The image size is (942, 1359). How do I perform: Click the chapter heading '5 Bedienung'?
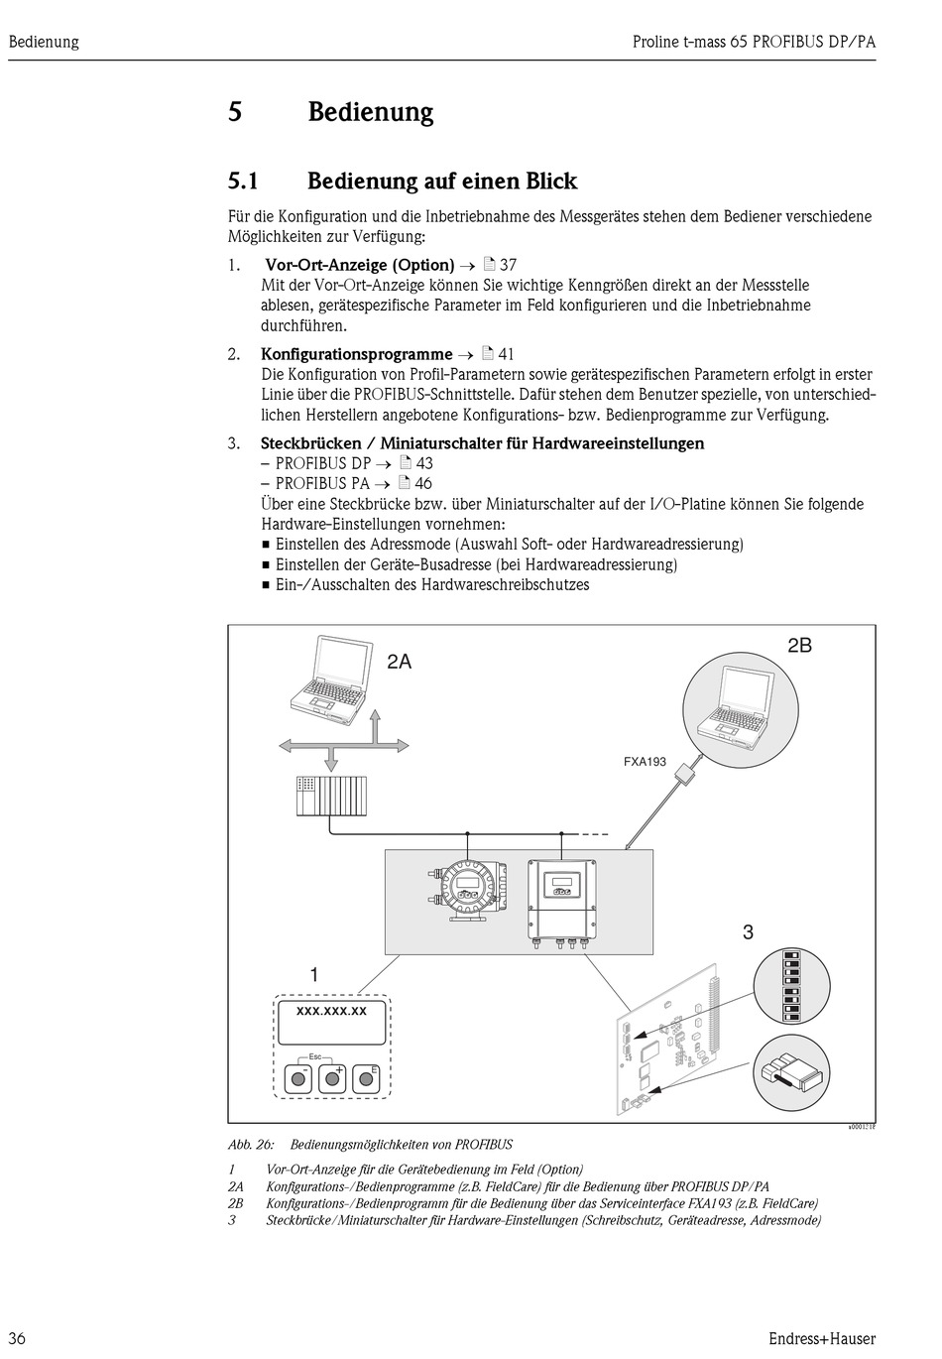pos(331,112)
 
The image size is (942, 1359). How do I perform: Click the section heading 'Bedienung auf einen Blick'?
pos(441,182)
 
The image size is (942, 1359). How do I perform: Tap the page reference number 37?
pos(508,265)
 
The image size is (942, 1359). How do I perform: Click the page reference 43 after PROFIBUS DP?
pos(423,463)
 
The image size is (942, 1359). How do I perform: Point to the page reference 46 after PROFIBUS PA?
pos(422,484)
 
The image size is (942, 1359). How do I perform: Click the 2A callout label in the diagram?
pos(399,662)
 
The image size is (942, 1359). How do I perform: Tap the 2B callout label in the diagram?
pos(799,645)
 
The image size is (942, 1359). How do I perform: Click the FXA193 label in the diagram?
pos(645,762)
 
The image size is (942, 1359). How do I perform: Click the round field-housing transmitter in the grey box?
pos(467,886)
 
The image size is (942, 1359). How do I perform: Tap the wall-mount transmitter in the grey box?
pos(563,894)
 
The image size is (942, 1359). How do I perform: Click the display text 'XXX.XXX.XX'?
pos(331,1011)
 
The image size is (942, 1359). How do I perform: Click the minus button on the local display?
pos(297,1078)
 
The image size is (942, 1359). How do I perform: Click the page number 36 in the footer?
pos(18,1338)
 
